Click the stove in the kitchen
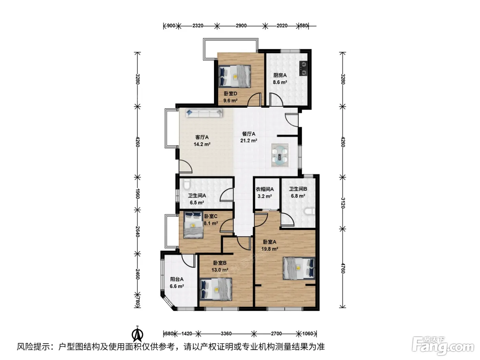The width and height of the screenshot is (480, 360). pyautogui.click(x=303, y=69)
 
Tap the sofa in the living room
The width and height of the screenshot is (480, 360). pyautogui.click(x=204, y=113)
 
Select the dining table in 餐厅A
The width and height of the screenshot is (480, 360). pyautogui.click(x=279, y=155)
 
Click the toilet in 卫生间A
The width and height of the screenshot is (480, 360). pyautogui.click(x=187, y=184)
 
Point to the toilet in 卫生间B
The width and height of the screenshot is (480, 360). pyautogui.click(x=310, y=211)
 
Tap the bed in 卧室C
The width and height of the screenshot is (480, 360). pyautogui.click(x=193, y=225)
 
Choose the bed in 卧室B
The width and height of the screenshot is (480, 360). pyautogui.click(x=216, y=289)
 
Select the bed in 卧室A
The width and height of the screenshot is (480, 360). pyautogui.click(x=299, y=268)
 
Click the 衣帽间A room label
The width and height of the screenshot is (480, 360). pyautogui.click(x=265, y=189)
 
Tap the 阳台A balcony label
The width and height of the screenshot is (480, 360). pyautogui.click(x=177, y=279)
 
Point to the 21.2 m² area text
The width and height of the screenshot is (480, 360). pyautogui.click(x=249, y=141)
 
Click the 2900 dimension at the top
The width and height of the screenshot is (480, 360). pyautogui.click(x=241, y=26)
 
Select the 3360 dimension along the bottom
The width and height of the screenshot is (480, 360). pyautogui.click(x=226, y=334)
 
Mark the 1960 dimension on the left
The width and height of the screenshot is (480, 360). pyautogui.click(x=137, y=194)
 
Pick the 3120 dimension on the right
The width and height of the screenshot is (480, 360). pyautogui.click(x=343, y=203)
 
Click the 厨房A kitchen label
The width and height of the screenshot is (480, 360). pyautogui.click(x=280, y=75)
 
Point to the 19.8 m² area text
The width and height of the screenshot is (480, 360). pyautogui.click(x=269, y=249)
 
